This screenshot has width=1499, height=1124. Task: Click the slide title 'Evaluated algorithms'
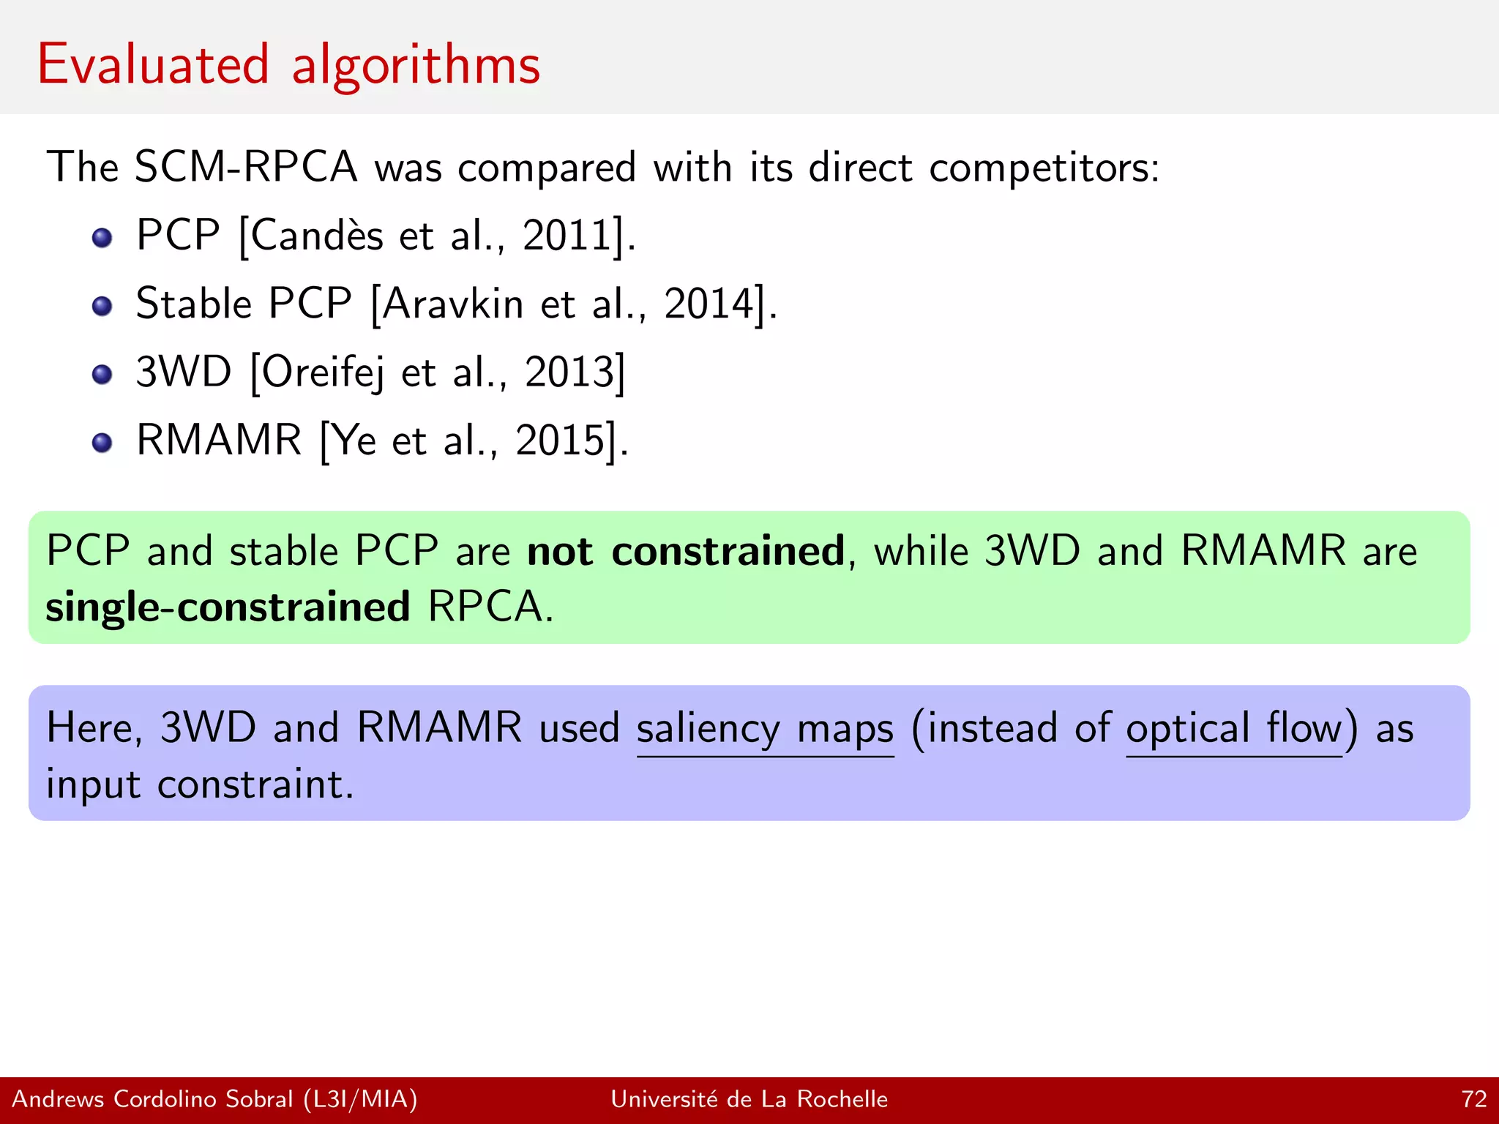tap(288, 66)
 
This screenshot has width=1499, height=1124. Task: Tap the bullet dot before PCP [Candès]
tap(102, 238)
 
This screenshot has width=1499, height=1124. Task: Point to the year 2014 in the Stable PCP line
tap(708, 304)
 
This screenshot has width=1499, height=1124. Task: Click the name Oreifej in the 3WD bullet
tap(322, 372)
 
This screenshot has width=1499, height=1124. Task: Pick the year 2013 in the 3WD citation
tap(569, 372)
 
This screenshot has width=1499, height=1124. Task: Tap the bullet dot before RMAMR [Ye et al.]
tap(102, 442)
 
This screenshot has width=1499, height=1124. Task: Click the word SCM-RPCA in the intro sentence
tap(246, 167)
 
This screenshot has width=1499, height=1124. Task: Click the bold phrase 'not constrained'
tap(686, 551)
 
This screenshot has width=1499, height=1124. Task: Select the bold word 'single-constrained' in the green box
tap(228, 607)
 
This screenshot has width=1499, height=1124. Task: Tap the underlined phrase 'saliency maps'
tap(765, 729)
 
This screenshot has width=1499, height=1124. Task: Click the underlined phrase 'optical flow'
tap(1234, 729)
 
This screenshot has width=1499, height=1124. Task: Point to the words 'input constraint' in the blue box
tap(199, 785)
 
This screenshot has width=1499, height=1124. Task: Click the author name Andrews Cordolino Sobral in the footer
tap(152, 1099)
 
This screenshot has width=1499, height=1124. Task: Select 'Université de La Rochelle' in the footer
tap(749, 1099)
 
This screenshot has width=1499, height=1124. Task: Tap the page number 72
tap(1473, 1099)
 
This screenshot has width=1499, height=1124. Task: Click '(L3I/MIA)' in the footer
tap(360, 1099)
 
